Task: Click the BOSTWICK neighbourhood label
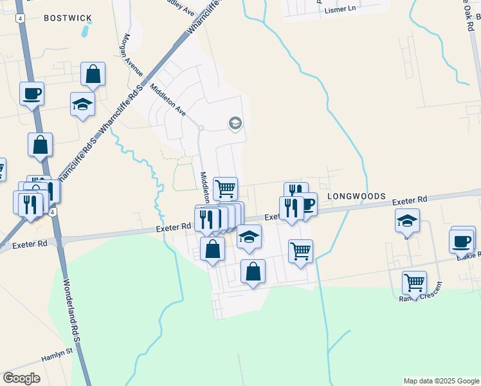click(x=68, y=18)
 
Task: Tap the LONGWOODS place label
click(x=356, y=196)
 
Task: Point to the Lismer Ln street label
click(x=340, y=9)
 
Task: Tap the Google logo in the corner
click(x=21, y=378)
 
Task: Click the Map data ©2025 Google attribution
click(x=442, y=381)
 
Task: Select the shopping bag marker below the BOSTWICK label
click(x=93, y=75)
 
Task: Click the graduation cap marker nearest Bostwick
click(x=83, y=105)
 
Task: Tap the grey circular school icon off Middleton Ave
click(x=235, y=123)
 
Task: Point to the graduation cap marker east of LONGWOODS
click(x=407, y=221)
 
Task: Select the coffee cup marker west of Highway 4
click(x=32, y=94)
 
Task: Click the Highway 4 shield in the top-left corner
click(x=21, y=19)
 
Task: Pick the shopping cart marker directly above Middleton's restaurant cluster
click(x=225, y=188)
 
